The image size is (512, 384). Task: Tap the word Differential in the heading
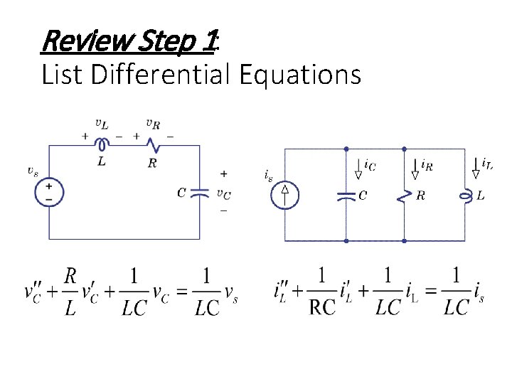pyautogui.click(x=166, y=73)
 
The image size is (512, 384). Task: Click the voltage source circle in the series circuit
pyautogui.click(x=49, y=192)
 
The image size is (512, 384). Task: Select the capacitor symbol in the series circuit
pyautogui.click(x=201, y=192)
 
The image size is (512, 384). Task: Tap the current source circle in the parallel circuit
pyautogui.click(x=285, y=194)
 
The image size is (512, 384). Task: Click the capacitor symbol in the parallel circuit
pyautogui.click(x=346, y=195)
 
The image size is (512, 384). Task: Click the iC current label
pyautogui.click(x=370, y=165)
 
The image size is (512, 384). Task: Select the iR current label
pyautogui.click(x=427, y=165)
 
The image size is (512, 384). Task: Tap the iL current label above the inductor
pyautogui.click(x=487, y=164)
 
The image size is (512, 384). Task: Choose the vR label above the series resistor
pyautogui.click(x=153, y=123)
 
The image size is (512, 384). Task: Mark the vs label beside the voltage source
pyautogui.click(x=33, y=171)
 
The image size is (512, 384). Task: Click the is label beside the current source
pyautogui.click(x=267, y=174)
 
